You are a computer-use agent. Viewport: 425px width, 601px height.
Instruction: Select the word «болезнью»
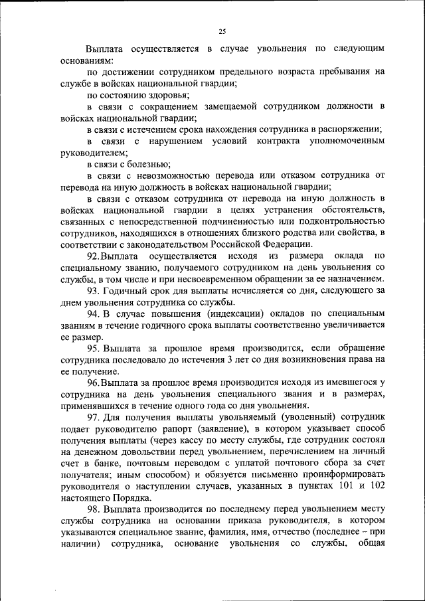146,164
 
